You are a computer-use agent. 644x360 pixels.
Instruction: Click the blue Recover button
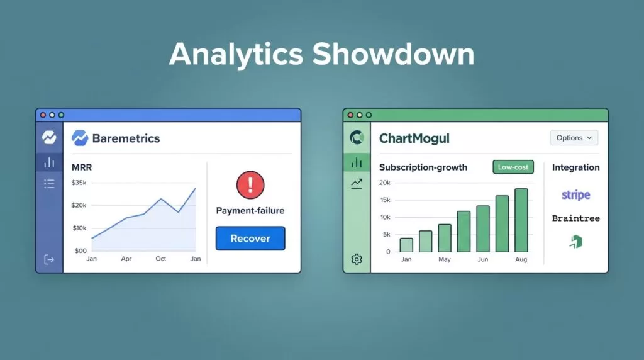[x=250, y=239]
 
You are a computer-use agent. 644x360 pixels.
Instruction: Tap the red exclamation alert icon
[x=250, y=185]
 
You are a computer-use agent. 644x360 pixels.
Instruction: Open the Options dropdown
[x=574, y=138]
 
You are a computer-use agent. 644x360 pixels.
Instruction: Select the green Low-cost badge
[x=513, y=167]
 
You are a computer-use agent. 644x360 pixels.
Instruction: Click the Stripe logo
[x=576, y=194]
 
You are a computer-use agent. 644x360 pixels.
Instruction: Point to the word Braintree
[x=576, y=218]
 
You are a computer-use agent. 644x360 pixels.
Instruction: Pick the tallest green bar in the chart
[x=521, y=220]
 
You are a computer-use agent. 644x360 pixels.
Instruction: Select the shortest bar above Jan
[x=406, y=245]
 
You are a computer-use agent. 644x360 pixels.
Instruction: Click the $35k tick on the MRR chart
[x=79, y=183]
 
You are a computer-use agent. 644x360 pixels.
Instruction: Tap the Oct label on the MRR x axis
[x=160, y=259]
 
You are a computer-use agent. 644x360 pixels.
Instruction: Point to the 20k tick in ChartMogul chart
[x=385, y=183]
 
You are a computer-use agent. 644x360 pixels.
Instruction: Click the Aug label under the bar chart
[x=521, y=259]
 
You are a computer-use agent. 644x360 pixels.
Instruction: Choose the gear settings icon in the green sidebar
[x=357, y=259]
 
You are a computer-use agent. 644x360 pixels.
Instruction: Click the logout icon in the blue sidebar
[x=49, y=260]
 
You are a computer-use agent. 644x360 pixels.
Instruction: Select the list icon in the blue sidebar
[x=49, y=184]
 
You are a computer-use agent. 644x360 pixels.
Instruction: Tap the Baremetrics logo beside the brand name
[x=80, y=138]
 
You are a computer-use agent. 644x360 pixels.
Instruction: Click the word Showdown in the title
[x=393, y=54]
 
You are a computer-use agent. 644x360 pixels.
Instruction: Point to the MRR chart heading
[x=82, y=167]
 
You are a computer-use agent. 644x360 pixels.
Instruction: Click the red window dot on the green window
[x=350, y=115]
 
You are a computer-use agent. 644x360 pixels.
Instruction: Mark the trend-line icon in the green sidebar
[x=357, y=183]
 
